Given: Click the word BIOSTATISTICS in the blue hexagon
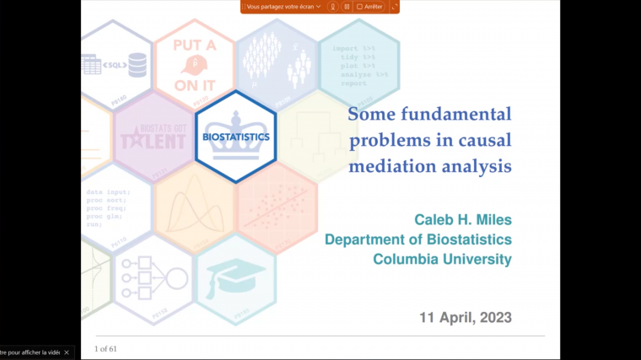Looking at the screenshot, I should (236, 137).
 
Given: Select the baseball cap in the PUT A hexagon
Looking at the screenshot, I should (195, 65).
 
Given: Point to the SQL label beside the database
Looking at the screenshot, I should (112, 64).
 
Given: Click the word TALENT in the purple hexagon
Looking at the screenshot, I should (153, 141).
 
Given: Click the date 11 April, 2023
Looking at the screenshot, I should (465, 318).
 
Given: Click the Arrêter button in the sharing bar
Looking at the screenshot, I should (369, 7).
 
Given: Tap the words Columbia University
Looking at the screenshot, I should (442, 259).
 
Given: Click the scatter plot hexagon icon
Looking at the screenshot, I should (277, 207).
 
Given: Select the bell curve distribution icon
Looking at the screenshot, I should (195, 207).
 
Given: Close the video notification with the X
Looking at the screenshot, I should (68, 352).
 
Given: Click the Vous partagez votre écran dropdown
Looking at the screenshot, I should (283, 7).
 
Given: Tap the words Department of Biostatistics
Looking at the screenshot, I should (417, 239).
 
